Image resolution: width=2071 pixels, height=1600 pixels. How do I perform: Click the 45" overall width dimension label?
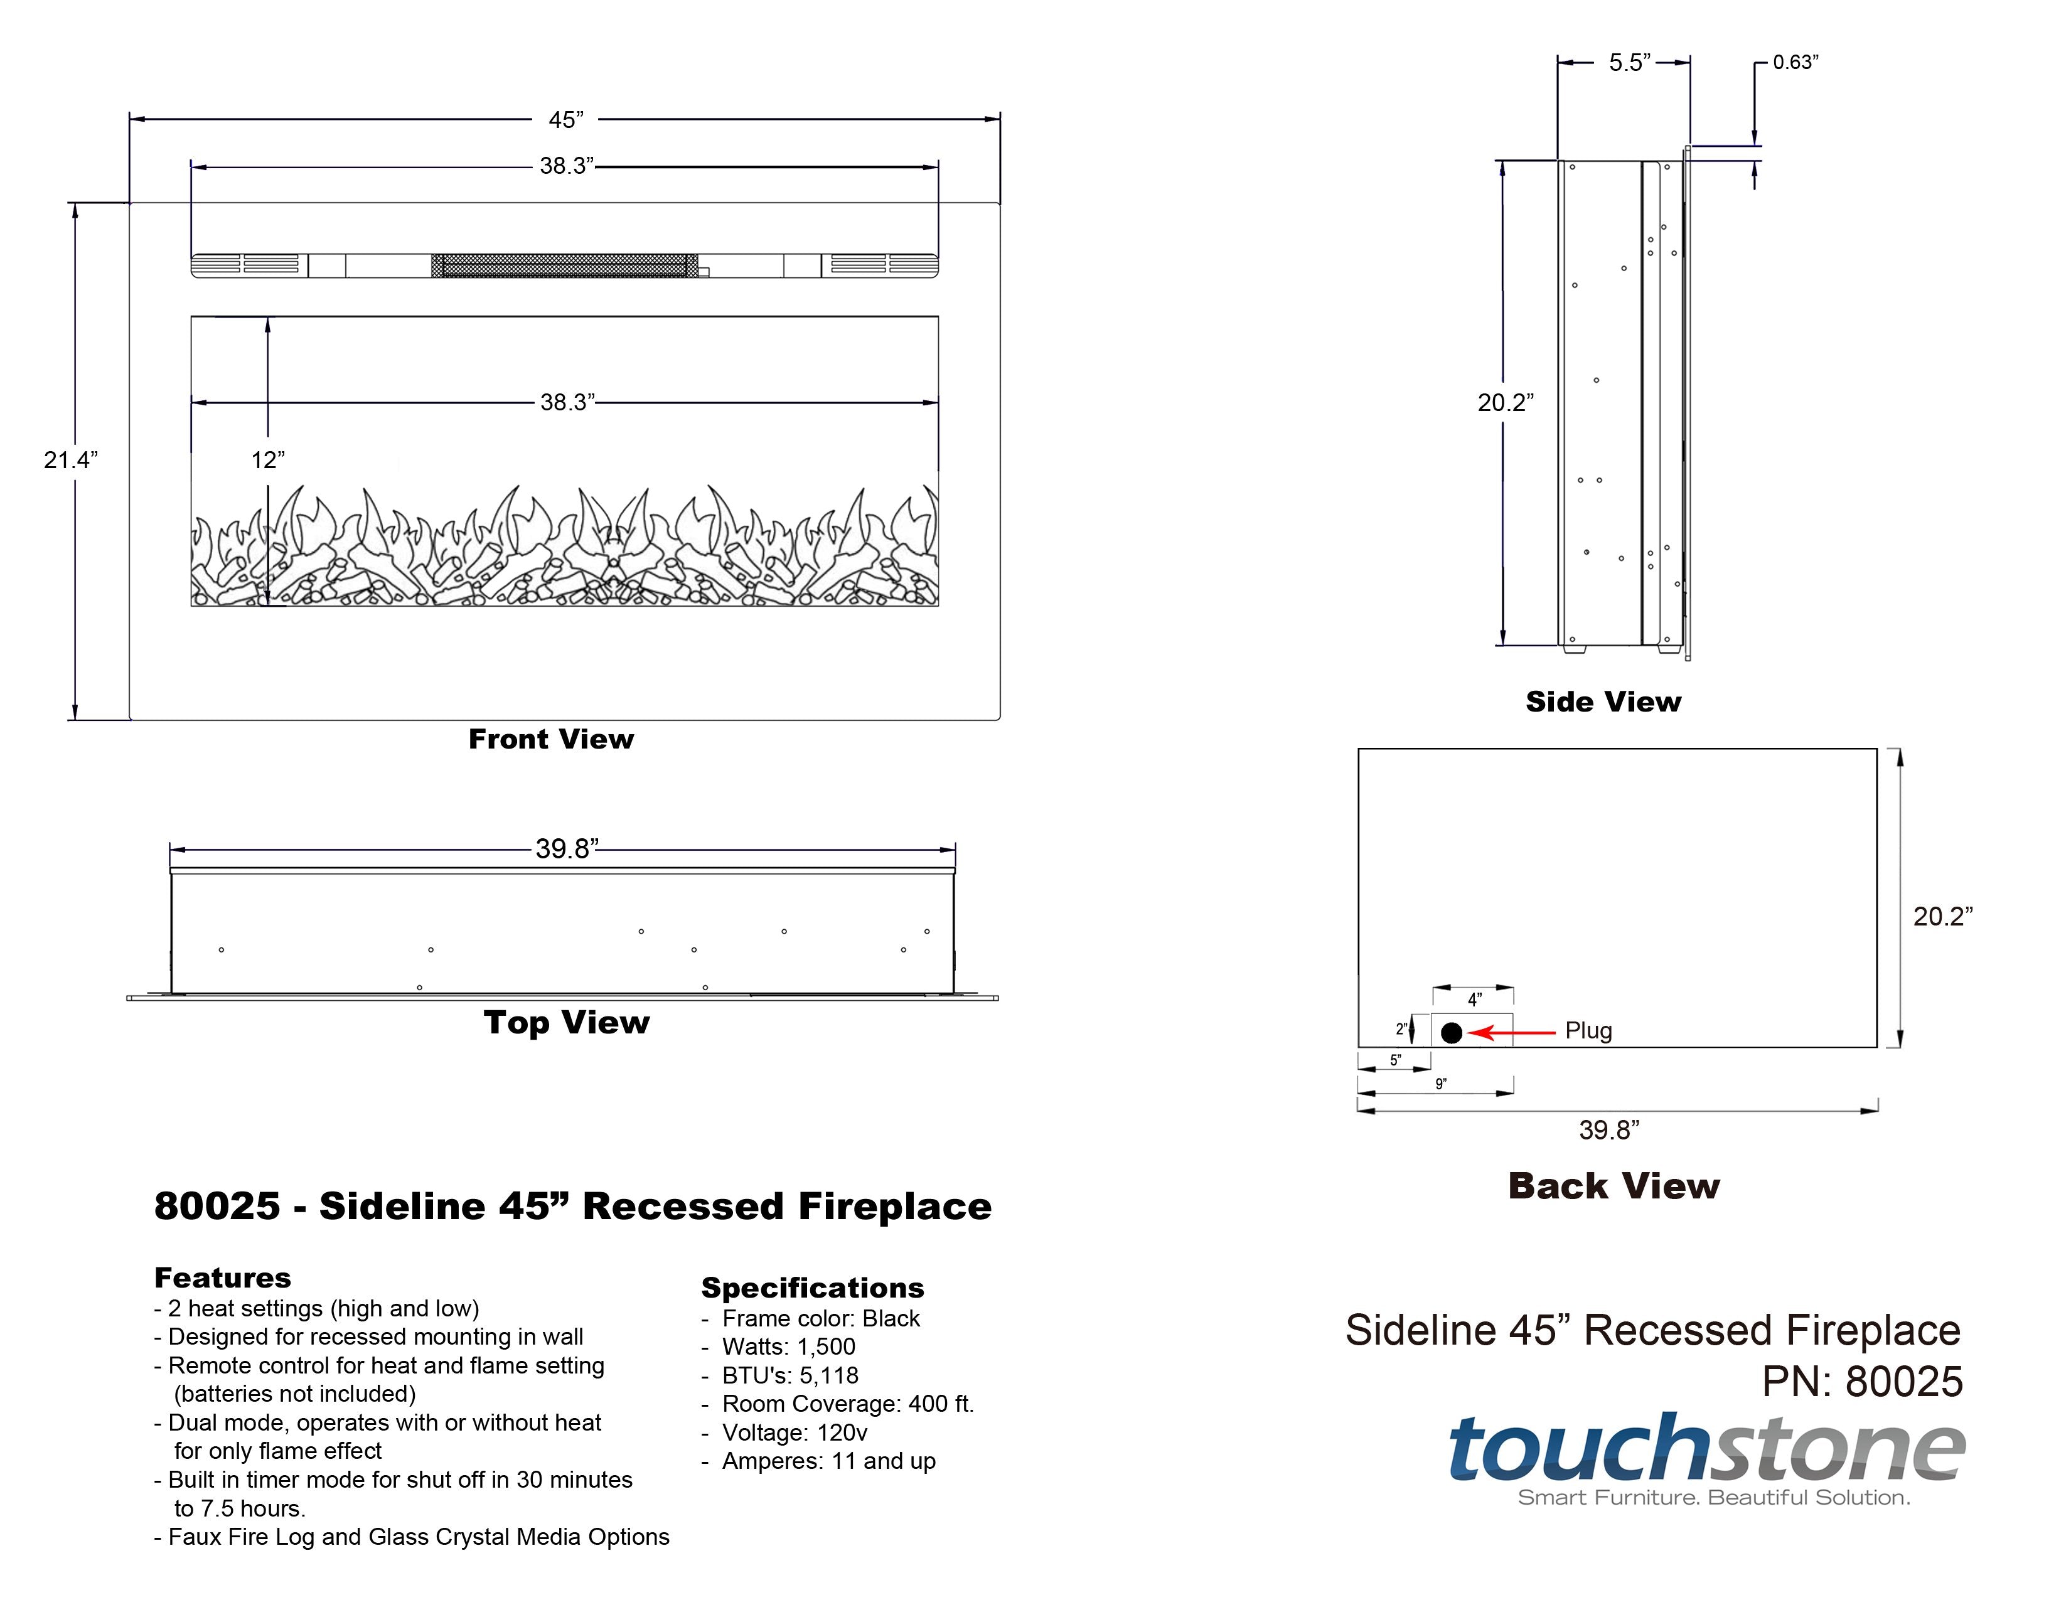click(566, 119)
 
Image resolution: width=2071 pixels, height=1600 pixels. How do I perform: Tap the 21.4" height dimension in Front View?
click(71, 460)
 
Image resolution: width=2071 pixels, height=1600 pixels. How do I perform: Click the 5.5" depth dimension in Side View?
click(1630, 63)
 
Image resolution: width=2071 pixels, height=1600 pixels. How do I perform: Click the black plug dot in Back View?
click(1452, 1032)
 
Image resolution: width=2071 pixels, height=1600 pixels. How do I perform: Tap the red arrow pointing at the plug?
click(1512, 1032)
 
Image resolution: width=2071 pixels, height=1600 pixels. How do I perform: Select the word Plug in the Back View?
click(1588, 1030)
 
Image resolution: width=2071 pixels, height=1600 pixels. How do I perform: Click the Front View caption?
click(551, 739)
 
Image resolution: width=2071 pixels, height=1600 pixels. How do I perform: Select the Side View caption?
click(1603, 701)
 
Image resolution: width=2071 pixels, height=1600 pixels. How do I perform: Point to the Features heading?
click(223, 1277)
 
